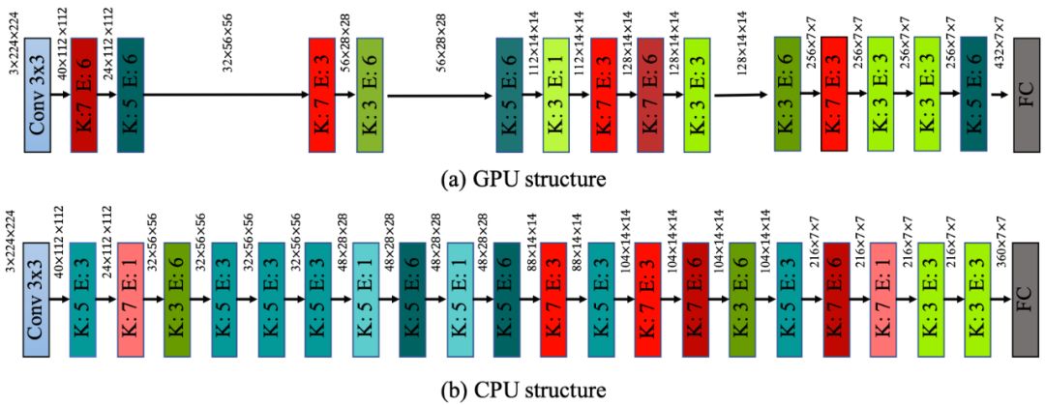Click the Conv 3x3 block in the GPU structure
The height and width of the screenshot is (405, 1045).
coord(36,95)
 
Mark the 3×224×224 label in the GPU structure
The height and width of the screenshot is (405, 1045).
coord(13,39)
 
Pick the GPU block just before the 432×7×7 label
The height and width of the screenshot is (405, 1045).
coord(972,95)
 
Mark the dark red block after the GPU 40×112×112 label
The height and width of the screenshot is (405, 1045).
coord(83,95)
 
